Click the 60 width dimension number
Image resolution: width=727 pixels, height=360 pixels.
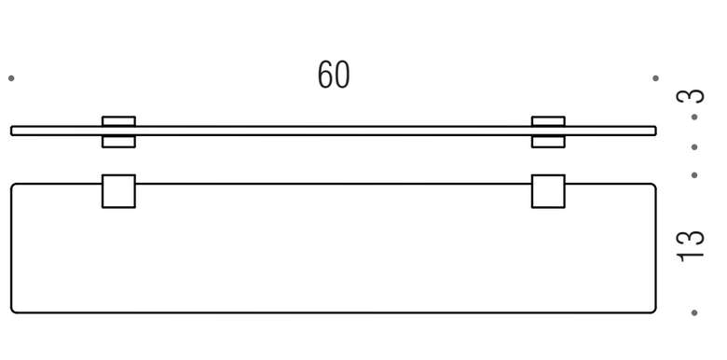[334, 75]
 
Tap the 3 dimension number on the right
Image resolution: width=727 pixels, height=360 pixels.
[691, 96]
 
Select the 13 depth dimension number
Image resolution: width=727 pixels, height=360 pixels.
[691, 246]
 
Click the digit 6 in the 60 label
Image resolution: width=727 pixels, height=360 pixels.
[325, 75]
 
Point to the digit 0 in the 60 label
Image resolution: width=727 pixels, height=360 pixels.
[342, 75]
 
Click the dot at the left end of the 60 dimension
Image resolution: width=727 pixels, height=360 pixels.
[11, 78]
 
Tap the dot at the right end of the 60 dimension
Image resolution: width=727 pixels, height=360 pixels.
[655, 78]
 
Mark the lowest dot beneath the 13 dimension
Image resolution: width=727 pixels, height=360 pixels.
[694, 312]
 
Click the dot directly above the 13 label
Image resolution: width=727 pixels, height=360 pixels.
[694, 175]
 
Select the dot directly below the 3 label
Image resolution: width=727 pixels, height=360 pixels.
[694, 117]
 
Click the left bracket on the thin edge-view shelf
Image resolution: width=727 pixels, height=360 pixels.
[118, 132]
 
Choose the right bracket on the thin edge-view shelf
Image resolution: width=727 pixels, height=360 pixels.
[548, 132]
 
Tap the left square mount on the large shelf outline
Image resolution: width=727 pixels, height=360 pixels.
[118, 191]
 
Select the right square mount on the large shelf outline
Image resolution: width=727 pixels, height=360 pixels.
[548, 191]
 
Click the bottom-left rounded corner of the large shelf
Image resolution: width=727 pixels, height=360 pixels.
[13, 311]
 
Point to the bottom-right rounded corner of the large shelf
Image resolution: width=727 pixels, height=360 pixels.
[653, 311]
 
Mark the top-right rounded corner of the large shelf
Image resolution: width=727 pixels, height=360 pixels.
[653, 186]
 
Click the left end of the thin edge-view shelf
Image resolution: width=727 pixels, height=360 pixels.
[11, 131]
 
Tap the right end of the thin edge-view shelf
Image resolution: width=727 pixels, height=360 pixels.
[655, 131]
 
